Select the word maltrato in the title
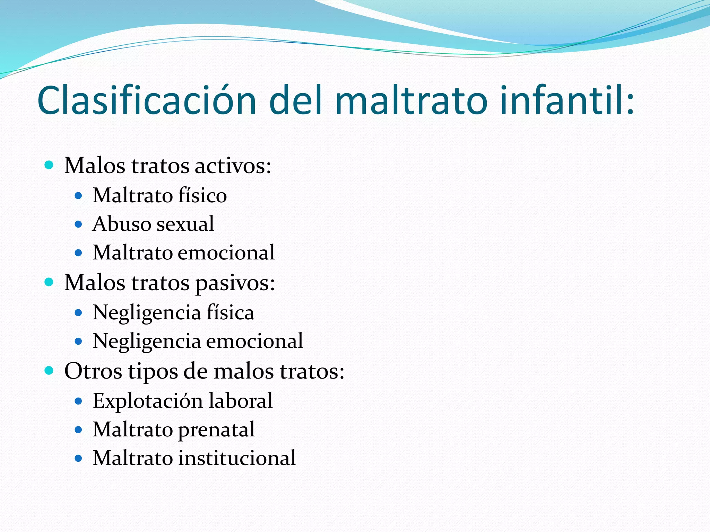tap(411, 100)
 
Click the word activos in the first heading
tap(233, 166)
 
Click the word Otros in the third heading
tap(93, 371)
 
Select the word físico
tap(202, 195)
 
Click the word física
tap(230, 313)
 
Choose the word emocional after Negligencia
tap(254, 341)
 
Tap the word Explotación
tap(148, 401)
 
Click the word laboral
tap(241, 401)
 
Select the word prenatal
tap(216, 430)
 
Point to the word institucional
tap(237, 458)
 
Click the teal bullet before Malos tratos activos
tap(49, 165)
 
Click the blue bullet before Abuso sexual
tap(78, 224)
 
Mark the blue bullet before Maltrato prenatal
tap(78, 430)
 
